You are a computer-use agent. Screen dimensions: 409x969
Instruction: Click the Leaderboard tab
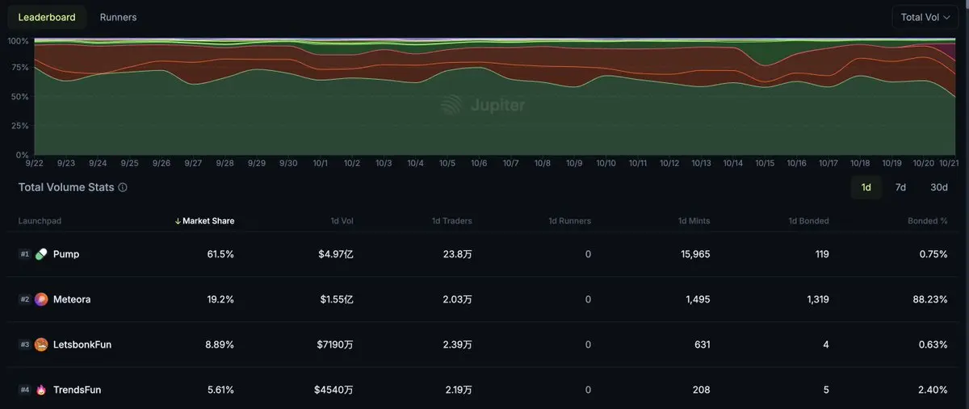47,17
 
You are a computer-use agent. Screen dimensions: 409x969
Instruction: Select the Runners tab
118,17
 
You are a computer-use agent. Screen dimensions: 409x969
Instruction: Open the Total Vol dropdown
925,17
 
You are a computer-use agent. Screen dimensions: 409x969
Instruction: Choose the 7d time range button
900,187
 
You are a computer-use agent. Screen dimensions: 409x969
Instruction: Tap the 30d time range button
938,187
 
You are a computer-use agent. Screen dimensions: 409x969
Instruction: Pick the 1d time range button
866,187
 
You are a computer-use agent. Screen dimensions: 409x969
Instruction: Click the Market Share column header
208,221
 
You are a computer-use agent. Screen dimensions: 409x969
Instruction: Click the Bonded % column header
927,221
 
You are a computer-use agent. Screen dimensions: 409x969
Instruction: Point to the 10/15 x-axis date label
765,163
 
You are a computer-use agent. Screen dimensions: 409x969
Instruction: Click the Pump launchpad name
66,254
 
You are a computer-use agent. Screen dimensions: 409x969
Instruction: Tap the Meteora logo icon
41,299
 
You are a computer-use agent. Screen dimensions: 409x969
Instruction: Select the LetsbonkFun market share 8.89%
220,344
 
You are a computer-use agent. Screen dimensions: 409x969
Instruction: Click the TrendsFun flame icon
41,390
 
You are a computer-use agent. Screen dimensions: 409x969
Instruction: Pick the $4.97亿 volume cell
335,254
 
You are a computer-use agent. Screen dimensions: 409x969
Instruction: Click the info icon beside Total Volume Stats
123,187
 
